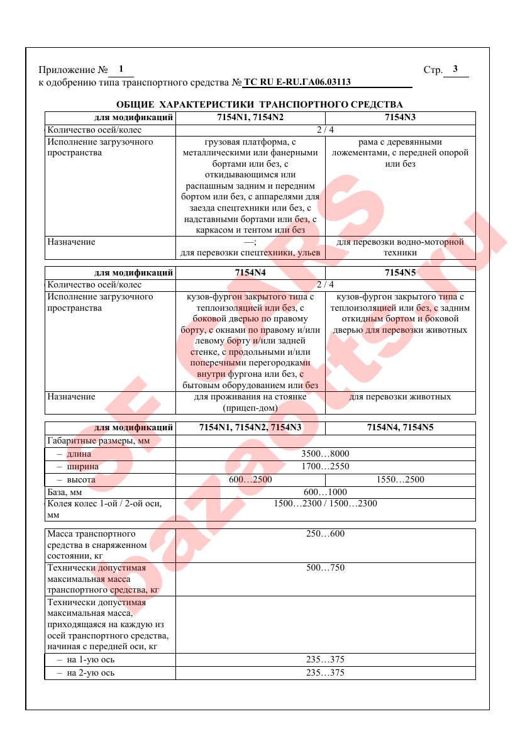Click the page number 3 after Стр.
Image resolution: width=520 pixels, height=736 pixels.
pyautogui.click(x=455, y=69)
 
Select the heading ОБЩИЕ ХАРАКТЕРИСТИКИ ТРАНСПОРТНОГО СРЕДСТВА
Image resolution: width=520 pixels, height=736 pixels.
pyautogui.click(x=260, y=104)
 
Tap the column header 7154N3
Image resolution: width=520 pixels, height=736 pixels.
pyautogui.click(x=400, y=118)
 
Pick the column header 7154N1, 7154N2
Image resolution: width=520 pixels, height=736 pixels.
pyautogui.click(x=250, y=118)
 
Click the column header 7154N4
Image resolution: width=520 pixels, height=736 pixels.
pyautogui.click(x=250, y=273)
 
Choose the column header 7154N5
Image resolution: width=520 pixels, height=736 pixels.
pyautogui.click(x=400, y=273)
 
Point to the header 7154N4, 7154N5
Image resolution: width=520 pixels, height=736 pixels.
pyautogui.click(x=400, y=428)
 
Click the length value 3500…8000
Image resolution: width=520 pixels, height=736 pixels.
pyautogui.click(x=325, y=454)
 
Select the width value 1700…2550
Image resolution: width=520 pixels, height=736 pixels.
pyautogui.click(x=325, y=466)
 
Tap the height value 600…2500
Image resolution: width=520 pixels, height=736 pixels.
pyautogui.click(x=250, y=479)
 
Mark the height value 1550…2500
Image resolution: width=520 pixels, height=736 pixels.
pyautogui.click(x=400, y=479)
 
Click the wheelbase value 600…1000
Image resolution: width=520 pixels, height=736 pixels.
pyautogui.click(x=325, y=492)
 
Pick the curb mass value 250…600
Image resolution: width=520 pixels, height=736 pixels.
pyautogui.click(x=325, y=534)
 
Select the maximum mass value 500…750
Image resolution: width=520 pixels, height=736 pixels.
pyautogui.click(x=325, y=568)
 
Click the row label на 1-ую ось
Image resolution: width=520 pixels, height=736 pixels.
pyautogui.click(x=90, y=660)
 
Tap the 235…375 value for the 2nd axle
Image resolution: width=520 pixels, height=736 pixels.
pyautogui.click(x=325, y=672)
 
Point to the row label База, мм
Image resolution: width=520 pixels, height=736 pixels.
pyautogui.click(x=65, y=492)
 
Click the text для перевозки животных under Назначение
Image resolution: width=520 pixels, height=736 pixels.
pyautogui.click(x=400, y=397)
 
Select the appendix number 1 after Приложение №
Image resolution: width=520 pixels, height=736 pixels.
pyautogui.click(x=121, y=69)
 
